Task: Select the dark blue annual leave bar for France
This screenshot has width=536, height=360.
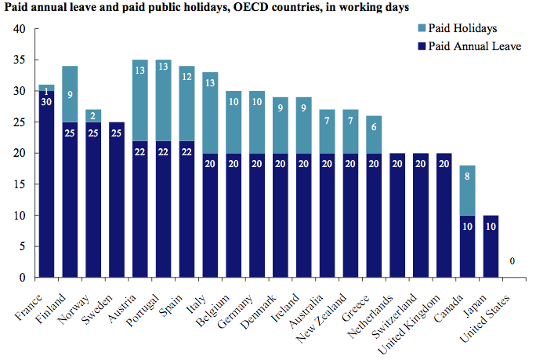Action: (46, 188)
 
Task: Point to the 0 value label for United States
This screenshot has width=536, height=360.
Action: (512, 261)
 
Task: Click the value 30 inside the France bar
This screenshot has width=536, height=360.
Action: (46, 100)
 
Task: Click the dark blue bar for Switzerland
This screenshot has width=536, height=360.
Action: (420, 216)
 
